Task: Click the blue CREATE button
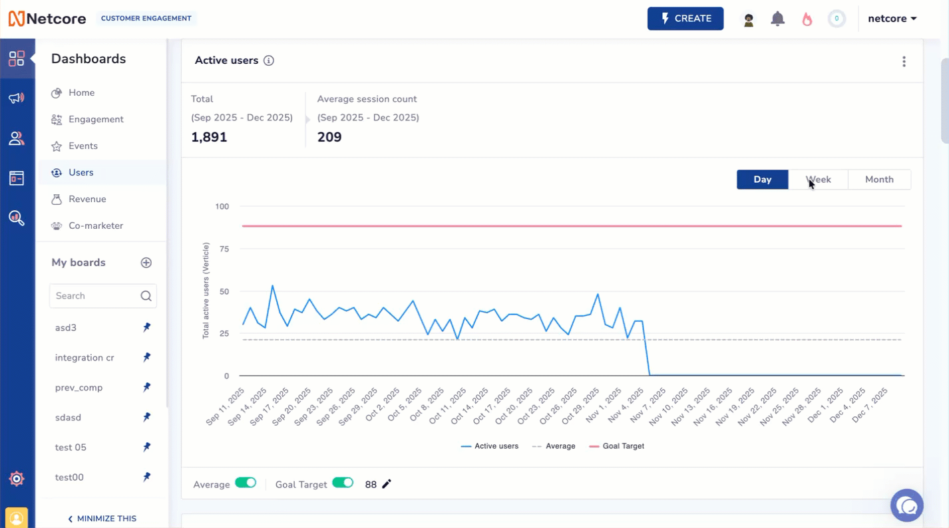coord(685,19)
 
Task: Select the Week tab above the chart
coord(818,180)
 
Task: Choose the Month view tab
coord(878,180)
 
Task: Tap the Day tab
coord(762,180)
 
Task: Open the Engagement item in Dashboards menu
coord(96,120)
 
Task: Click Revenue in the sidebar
coord(87,199)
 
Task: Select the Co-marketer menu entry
coord(96,226)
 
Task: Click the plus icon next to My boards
coord(146,263)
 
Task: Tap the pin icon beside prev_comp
coord(146,387)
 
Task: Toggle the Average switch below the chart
coord(246,483)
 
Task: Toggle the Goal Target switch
coord(343,483)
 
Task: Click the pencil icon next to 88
coord(387,484)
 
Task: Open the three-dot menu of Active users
coord(904,61)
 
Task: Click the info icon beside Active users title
coord(269,61)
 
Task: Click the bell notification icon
coord(777,19)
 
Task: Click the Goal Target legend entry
coord(617,446)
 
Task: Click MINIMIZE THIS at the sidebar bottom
coord(102,519)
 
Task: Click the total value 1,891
coord(209,138)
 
